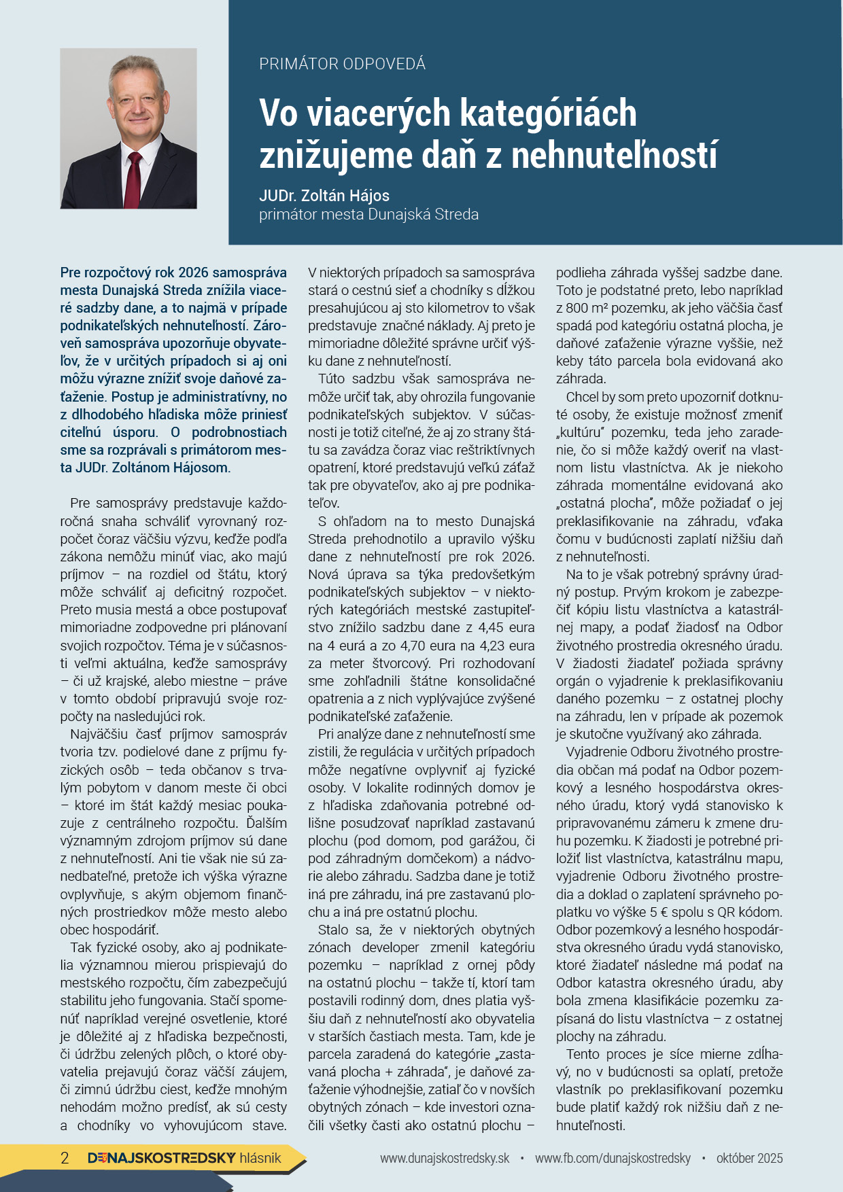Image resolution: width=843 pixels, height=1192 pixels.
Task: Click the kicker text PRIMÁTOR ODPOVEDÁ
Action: click(342, 64)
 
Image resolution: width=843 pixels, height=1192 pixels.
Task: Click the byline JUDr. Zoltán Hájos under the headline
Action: click(324, 196)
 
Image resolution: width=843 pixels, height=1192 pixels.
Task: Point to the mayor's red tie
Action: click(133, 180)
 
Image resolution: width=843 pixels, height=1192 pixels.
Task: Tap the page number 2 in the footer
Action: click(65, 1158)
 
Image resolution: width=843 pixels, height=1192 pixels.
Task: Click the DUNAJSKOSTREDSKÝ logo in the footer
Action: click(162, 1158)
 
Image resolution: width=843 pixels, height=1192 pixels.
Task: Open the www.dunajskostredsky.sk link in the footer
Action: click(445, 1158)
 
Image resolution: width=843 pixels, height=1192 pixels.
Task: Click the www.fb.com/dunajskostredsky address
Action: click(613, 1158)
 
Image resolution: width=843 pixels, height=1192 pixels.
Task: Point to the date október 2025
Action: click(749, 1158)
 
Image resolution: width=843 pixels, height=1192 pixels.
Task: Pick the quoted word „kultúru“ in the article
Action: click(583, 432)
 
